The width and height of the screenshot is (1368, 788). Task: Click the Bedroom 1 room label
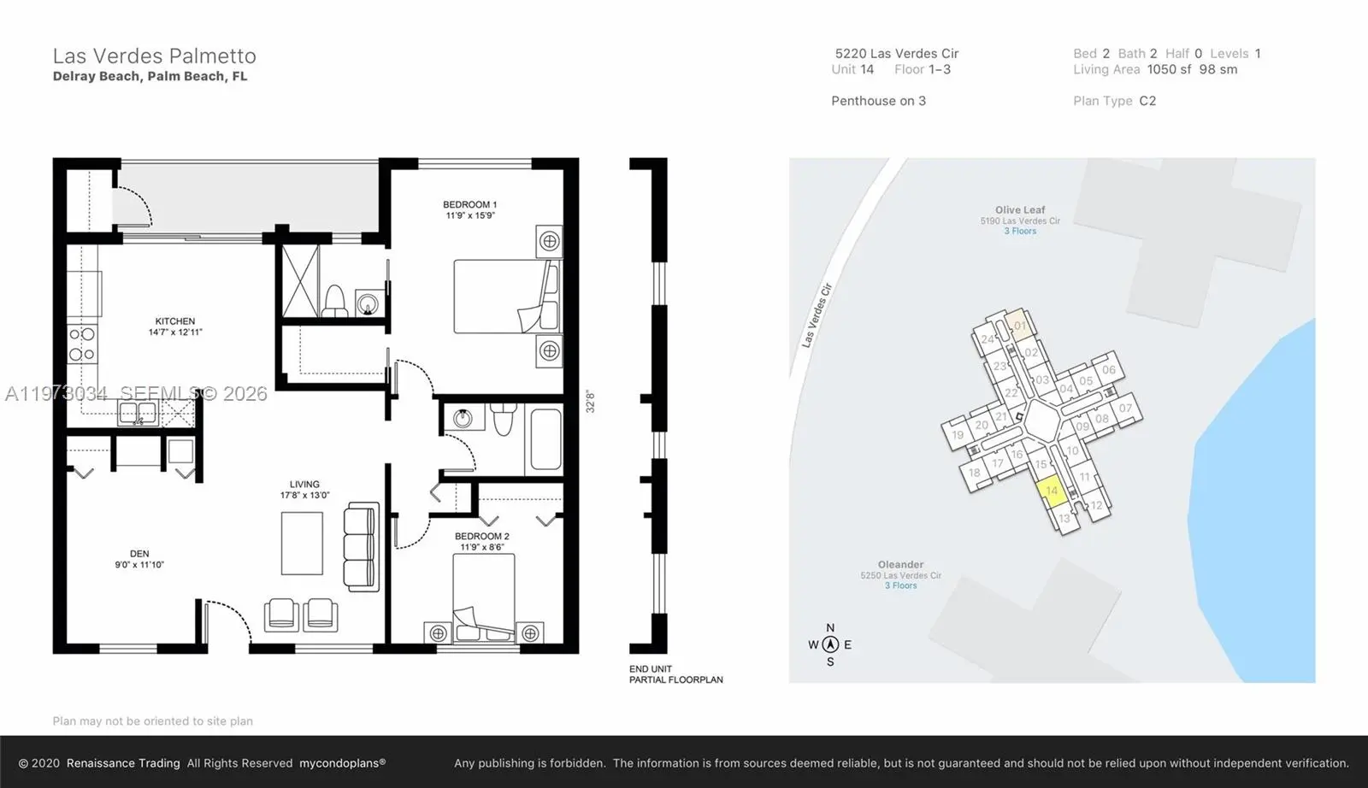click(469, 205)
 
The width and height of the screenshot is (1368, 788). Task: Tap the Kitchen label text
click(175, 321)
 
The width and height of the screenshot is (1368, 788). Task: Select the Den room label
click(139, 554)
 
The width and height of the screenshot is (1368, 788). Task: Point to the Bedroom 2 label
click(482, 537)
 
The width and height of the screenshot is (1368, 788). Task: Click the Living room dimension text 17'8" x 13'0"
click(304, 496)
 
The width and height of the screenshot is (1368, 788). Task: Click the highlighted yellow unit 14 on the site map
click(1052, 491)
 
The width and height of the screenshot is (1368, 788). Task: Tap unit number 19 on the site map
click(958, 435)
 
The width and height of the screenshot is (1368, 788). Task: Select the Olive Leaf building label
click(1020, 210)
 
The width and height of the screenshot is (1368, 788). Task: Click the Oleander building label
click(900, 565)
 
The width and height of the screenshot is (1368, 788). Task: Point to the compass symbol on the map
click(829, 645)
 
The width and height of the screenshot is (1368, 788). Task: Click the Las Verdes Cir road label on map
click(816, 315)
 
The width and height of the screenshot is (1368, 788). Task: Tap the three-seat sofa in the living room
click(361, 547)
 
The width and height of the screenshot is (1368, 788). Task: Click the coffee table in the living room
click(302, 544)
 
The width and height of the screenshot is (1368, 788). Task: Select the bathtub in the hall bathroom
click(544, 439)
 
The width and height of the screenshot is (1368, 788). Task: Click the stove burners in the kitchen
click(82, 344)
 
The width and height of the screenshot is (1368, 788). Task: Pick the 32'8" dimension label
click(590, 402)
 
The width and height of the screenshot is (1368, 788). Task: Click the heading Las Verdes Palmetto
click(155, 56)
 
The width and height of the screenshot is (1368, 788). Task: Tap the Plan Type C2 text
click(1114, 101)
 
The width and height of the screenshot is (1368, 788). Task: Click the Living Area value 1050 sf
click(1169, 69)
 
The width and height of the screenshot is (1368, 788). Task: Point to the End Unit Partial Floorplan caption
click(675, 674)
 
